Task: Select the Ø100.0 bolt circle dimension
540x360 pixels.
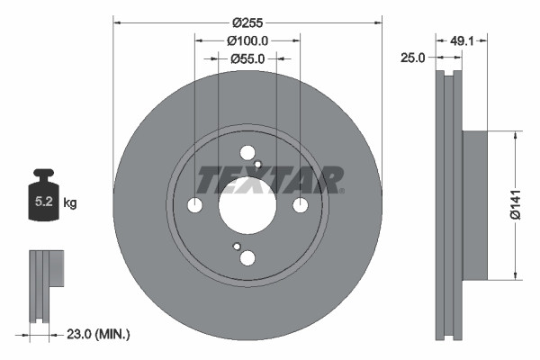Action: click(x=247, y=40)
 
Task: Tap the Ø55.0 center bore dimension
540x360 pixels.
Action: click(x=247, y=59)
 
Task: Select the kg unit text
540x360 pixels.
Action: click(x=70, y=203)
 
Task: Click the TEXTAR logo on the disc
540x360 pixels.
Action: click(x=270, y=181)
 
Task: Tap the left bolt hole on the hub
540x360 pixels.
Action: click(x=194, y=206)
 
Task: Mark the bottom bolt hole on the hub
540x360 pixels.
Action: click(x=247, y=258)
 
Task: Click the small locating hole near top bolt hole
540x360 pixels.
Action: click(x=257, y=165)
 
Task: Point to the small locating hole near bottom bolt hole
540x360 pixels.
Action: click(x=237, y=247)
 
